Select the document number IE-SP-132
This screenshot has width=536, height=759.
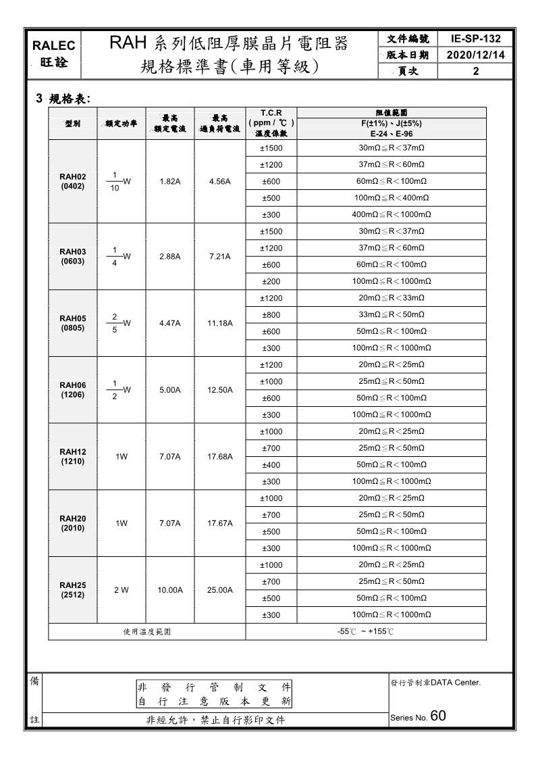pos(475,39)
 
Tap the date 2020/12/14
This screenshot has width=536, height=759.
pos(475,55)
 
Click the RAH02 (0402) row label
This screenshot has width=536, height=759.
pos(73,181)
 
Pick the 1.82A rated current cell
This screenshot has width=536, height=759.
pos(169,181)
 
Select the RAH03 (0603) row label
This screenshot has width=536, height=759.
pos(73,256)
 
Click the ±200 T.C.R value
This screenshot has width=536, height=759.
pos(271,281)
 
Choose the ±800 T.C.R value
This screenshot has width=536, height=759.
pos(271,314)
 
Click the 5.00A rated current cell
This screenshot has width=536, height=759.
pos(169,390)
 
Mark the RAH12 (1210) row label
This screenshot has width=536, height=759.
pos(73,456)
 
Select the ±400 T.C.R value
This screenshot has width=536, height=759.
pos(271,465)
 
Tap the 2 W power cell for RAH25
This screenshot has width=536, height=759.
pos(122,590)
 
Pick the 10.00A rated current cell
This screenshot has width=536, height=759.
pos(169,590)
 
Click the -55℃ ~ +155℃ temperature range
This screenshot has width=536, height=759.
pos(365,632)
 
